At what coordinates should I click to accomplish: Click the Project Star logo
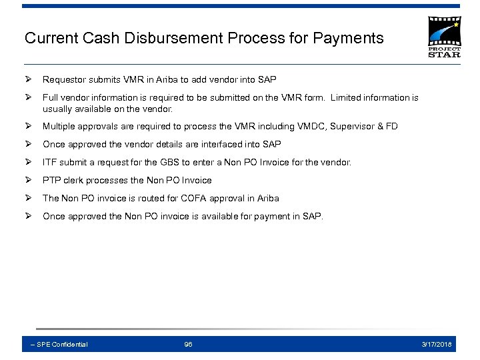443,37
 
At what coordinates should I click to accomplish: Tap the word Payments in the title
352,38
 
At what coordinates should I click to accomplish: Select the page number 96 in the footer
188,344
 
